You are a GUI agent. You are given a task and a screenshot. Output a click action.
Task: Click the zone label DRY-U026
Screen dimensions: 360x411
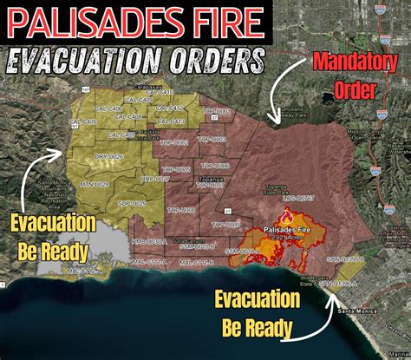(98, 156)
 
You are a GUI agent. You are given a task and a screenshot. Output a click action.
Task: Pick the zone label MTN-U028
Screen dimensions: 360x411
(95, 185)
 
